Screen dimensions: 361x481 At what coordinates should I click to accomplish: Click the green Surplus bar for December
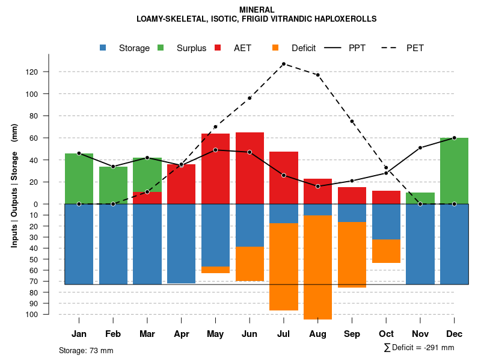point(454,171)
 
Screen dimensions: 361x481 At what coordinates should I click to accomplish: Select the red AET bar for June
point(250,168)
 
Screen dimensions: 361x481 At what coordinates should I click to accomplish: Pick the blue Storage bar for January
point(79,244)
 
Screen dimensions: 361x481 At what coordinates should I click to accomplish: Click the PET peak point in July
point(283,64)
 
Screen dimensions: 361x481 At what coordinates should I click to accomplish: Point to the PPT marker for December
point(454,138)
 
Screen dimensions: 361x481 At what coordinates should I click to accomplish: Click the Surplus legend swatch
point(161,48)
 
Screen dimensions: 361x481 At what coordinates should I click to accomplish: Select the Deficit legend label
point(304,48)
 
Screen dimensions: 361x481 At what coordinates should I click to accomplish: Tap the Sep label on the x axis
point(352,334)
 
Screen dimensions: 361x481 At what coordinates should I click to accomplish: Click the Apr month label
point(181,334)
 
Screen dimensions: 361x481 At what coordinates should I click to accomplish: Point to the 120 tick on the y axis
point(49,72)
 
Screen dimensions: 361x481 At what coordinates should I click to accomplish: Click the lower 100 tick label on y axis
point(49,314)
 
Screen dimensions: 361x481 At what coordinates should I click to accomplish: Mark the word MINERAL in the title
point(257,10)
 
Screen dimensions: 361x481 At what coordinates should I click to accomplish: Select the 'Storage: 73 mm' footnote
point(86,350)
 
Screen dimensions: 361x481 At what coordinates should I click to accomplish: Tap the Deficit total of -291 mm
point(419,348)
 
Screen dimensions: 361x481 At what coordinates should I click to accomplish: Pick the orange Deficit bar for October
point(386,251)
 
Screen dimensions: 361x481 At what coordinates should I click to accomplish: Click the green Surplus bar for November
point(420,198)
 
